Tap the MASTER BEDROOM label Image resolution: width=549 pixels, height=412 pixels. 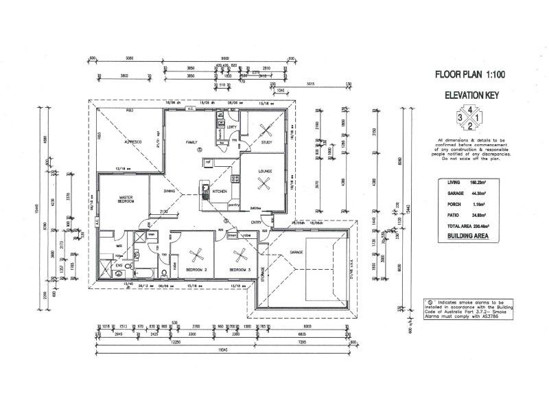pyautogui.click(x=124, y=201)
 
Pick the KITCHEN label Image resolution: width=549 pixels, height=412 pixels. pyautogui.click(x=219, y=192)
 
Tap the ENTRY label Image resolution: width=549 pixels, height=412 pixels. pyautogui.click(x=256, y=222)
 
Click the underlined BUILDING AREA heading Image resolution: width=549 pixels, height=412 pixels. pyautogui.click(x=469, y=235)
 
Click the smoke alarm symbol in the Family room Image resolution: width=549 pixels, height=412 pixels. pyautogui.click(x=199, y=149)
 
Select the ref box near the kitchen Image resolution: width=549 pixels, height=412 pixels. pyautogui.click(x=207, y=162)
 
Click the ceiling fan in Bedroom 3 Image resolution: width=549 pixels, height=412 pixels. pyautogui.click(x=240, y=256)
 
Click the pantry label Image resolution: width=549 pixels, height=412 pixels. pyautogui.click(x=233, y=204)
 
